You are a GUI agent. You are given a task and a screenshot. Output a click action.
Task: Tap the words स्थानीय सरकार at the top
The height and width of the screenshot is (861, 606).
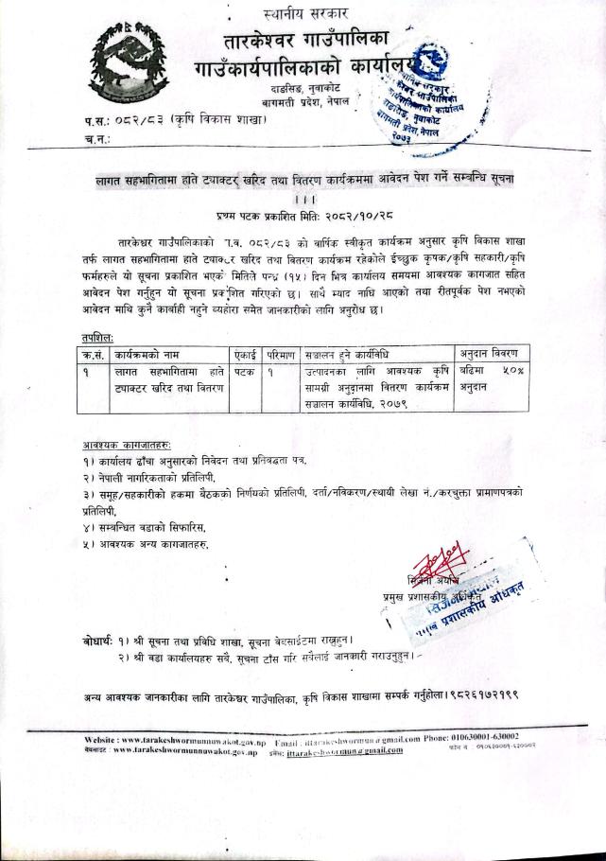pos(305,13)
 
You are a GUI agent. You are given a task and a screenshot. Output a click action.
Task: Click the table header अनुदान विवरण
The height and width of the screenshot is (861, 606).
pos(494,354)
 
